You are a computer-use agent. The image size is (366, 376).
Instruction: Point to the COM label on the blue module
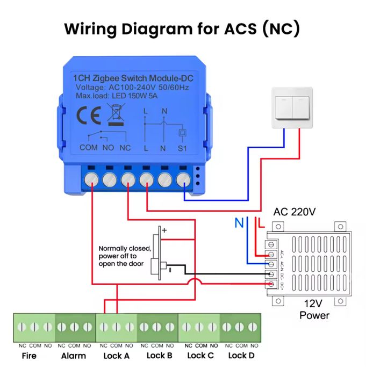point(88,147)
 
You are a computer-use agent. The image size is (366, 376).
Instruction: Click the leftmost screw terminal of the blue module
point(91,179)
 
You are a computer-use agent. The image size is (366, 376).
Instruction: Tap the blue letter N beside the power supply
point(238,222)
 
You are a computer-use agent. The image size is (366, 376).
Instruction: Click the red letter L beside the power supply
point(262,222)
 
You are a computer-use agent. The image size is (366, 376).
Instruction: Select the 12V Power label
point(314,309)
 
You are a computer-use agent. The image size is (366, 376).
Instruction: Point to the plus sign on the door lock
point(164,230)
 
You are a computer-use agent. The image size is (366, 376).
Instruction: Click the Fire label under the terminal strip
point(29,355)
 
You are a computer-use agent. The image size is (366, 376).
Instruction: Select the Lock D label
point(241,355)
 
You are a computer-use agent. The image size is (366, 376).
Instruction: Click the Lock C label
point(200,355)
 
